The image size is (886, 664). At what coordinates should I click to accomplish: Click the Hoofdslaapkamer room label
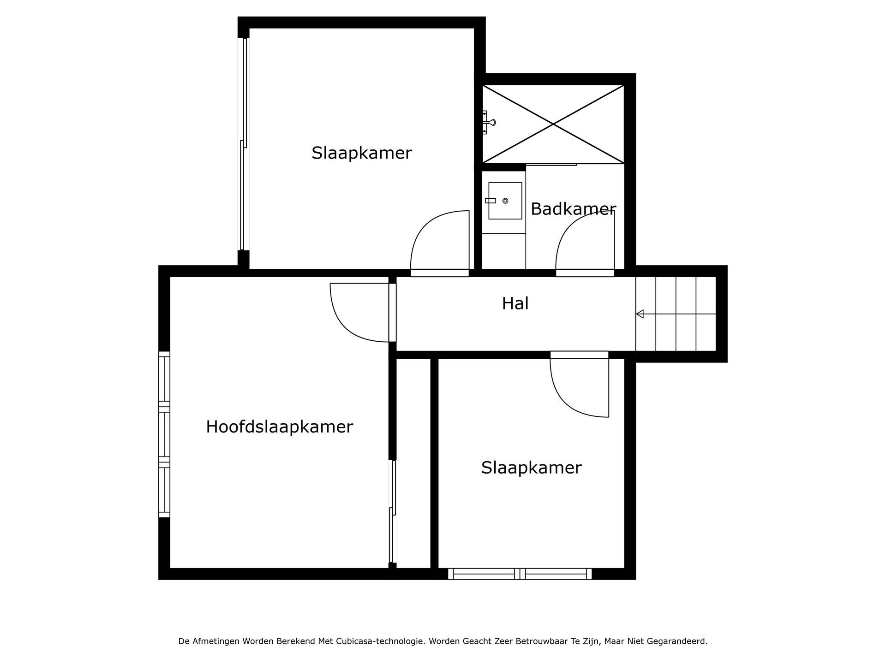[279, 427]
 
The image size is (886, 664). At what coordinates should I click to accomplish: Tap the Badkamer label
[573, 209]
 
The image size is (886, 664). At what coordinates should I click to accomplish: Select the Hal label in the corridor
[515, 303]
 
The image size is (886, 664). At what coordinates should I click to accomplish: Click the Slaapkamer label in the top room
[361, 153]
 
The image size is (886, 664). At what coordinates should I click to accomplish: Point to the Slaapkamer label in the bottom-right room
[531, 468]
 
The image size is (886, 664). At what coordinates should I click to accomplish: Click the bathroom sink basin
[505, 201]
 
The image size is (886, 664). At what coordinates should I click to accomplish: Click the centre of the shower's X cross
[553, 124]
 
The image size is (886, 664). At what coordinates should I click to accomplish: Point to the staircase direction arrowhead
[640, 314]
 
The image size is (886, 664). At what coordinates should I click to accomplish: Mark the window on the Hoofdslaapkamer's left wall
[164, 434]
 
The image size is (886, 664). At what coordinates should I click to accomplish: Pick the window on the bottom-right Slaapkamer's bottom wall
[520, 574]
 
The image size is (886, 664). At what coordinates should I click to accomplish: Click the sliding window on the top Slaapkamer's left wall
[243, 144]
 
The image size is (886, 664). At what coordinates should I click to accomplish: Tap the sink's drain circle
[505, 201]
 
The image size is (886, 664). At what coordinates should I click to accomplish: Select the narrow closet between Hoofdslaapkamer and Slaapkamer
[413, 463]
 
